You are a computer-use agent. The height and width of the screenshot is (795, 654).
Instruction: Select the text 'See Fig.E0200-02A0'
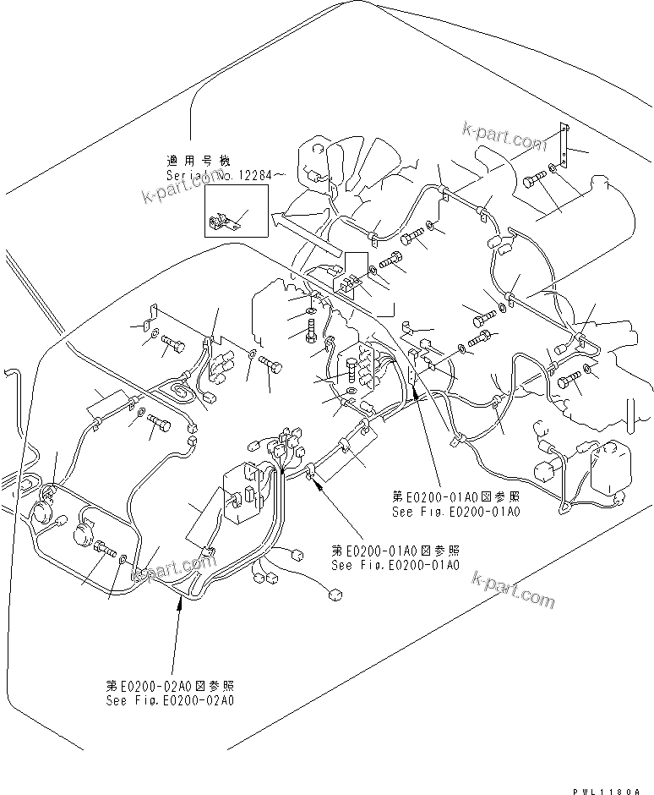(x=170, y=700)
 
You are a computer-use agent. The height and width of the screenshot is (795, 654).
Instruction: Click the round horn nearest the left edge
(x=40, y=512)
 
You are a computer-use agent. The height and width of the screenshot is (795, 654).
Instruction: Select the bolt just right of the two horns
(x=106, y=551)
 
